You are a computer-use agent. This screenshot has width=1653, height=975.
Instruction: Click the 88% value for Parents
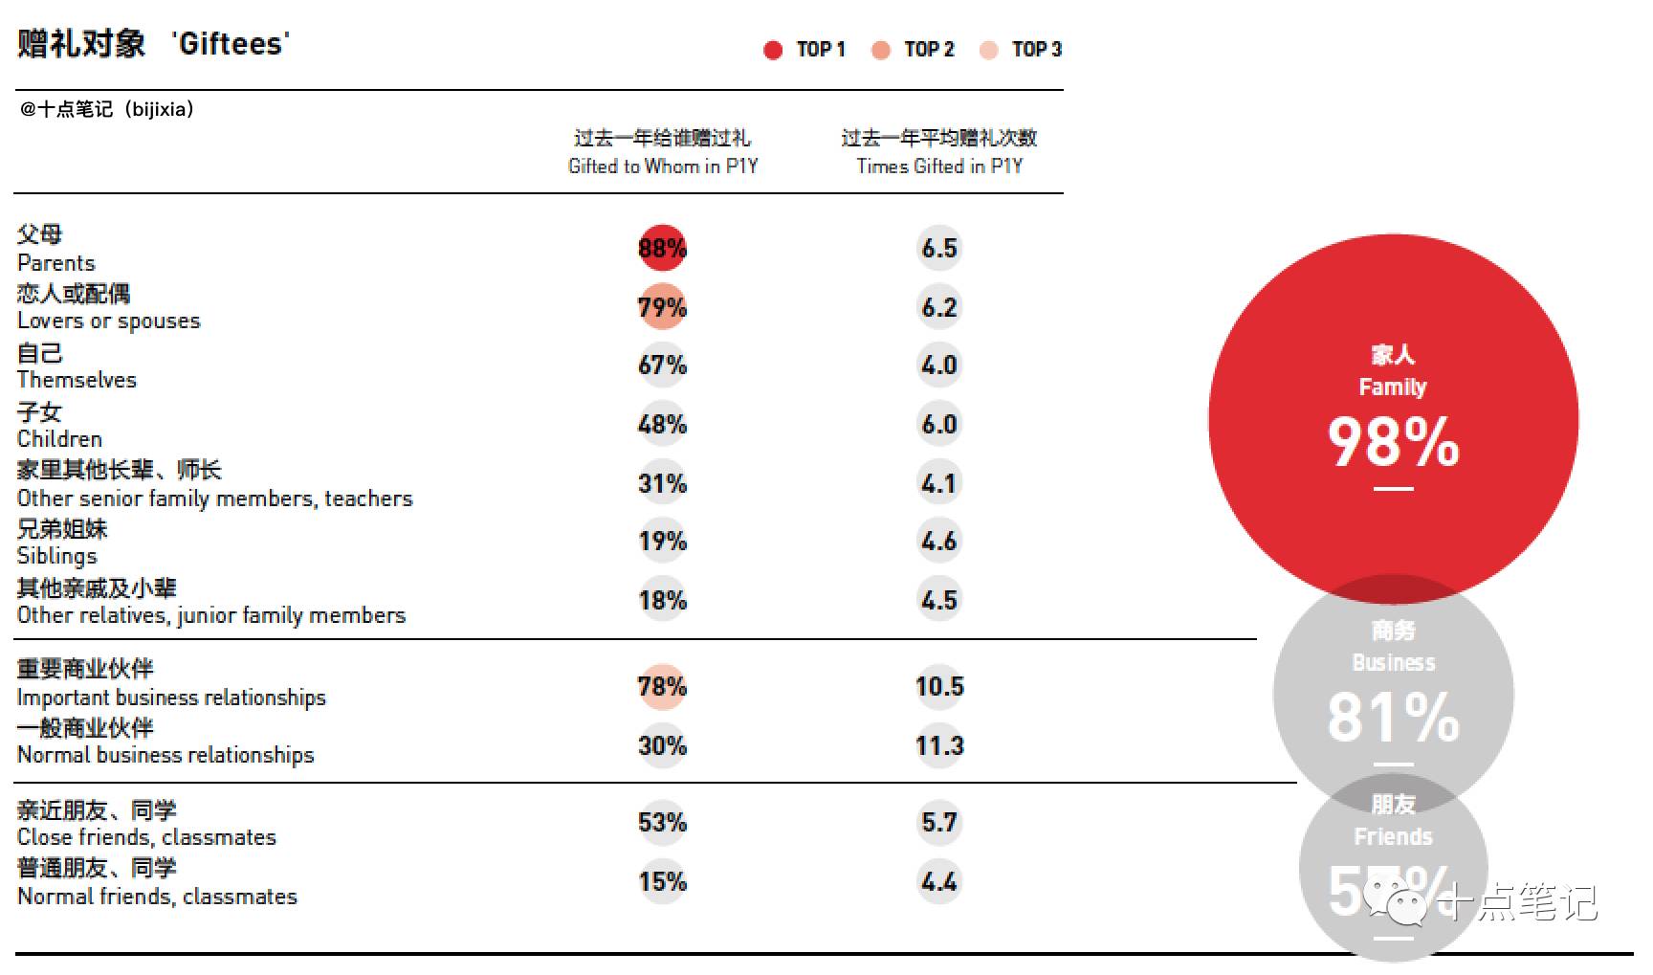662,249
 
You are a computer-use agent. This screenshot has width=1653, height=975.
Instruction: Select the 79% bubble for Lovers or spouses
662,307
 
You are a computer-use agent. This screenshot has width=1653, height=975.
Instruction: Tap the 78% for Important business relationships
662,687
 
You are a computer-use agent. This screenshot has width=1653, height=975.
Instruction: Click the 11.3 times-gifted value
939,746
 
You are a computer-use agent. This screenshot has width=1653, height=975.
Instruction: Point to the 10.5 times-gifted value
939,687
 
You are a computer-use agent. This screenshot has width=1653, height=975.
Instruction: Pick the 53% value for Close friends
662,823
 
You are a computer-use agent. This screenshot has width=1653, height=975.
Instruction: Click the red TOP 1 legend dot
773,51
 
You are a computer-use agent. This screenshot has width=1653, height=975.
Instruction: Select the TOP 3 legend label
1037,50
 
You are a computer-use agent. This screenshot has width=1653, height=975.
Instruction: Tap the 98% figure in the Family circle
1393,442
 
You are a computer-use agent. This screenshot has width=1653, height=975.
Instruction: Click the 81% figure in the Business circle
1393,718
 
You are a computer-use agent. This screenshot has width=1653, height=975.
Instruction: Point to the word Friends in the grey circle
1393,837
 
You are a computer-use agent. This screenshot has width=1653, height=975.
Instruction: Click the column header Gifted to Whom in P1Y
663,166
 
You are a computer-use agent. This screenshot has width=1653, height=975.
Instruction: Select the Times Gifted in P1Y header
939,166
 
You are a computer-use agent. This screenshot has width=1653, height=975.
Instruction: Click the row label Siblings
57,556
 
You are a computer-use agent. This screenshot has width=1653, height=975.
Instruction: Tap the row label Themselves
77,380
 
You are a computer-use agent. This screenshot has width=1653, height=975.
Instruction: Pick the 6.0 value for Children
939,425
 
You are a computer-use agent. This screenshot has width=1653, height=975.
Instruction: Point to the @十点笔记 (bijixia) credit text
107,109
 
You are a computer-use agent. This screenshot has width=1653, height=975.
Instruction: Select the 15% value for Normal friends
662,881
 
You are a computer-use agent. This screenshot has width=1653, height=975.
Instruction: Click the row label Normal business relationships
165,755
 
